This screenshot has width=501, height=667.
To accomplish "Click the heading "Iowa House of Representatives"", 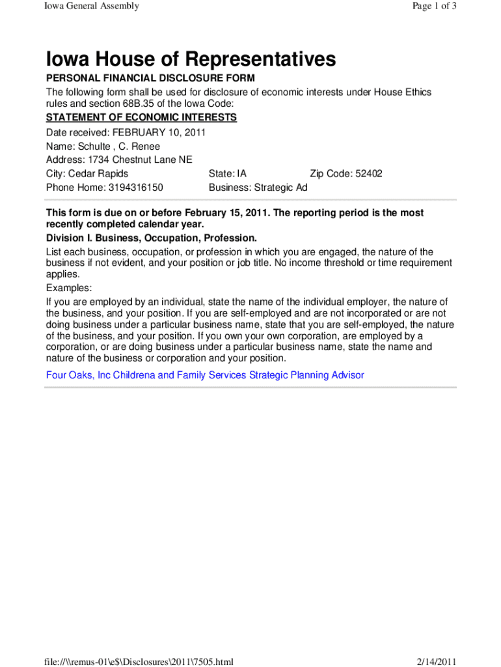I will click(191, 60).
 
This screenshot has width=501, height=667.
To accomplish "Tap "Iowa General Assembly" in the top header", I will click(91, 7).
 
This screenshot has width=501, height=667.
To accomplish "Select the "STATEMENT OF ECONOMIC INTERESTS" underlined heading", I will click(141, 117).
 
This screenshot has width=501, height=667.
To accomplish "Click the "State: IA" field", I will click(228, 174).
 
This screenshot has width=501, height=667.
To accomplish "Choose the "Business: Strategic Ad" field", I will click(258, 188).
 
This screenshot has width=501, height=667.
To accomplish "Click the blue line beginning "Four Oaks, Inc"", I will click(205, 375).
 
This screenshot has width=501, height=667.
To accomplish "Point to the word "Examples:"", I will click(69, 288).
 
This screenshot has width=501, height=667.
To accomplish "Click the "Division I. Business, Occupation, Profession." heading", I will click(152, 238).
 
